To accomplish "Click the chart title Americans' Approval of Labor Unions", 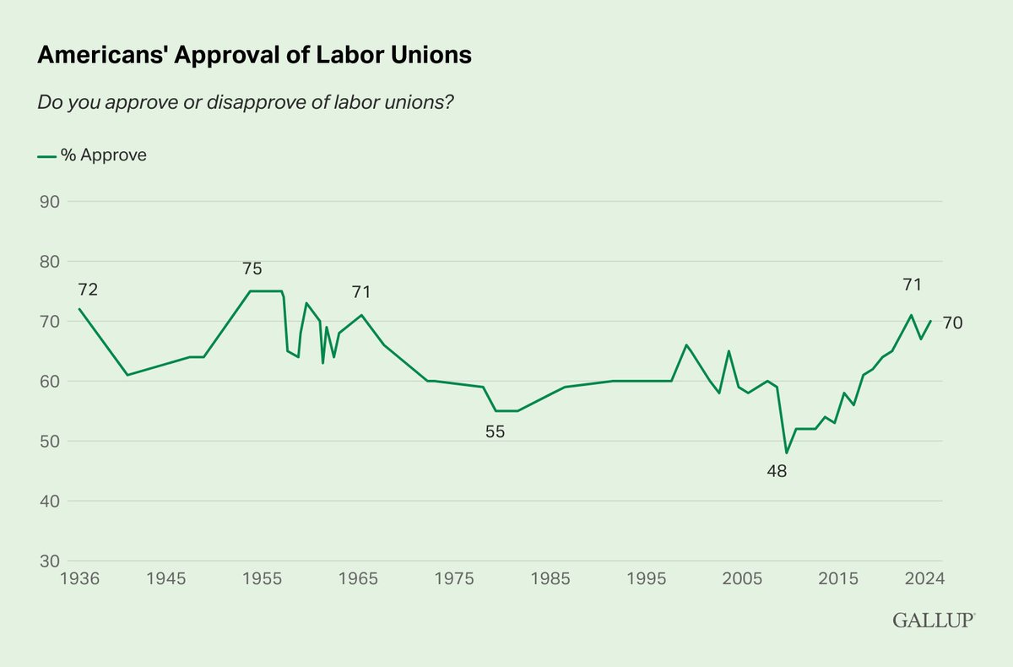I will coord(254,56).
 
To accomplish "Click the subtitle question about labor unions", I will coord(241,102).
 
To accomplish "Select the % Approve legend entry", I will coord(93,155).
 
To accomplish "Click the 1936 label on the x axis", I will coord(81,579).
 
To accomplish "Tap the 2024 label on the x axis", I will coord(924,579).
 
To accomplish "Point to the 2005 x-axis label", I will coord(743,579).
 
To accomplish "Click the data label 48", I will coord(777,472).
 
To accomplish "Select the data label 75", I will coord(252,269).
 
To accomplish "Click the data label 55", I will coord(495,431).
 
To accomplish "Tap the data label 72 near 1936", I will coord(88,290).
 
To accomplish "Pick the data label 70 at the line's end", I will coord(952,323).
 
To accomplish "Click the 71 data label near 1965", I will coord(360,292).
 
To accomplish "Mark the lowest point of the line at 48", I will coord(786,453).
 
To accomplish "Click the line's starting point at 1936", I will coord(79,309).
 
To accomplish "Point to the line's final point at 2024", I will coord(930,321).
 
